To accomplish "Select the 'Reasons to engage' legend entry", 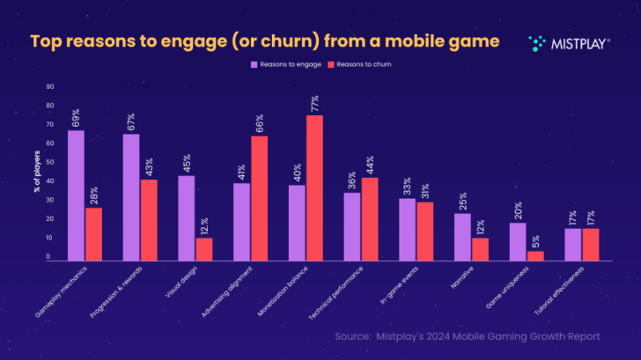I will tap(287, 64).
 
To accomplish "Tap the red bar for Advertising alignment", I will tap(260, 198).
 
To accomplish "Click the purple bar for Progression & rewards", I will tap(131, 197).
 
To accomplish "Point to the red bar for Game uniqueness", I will tap(535, 255).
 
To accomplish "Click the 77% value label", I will tap(315, 102).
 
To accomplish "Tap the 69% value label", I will tap(77, 117).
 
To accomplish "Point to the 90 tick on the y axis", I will tap(49, 87).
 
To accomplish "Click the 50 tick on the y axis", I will tap(49, 163).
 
